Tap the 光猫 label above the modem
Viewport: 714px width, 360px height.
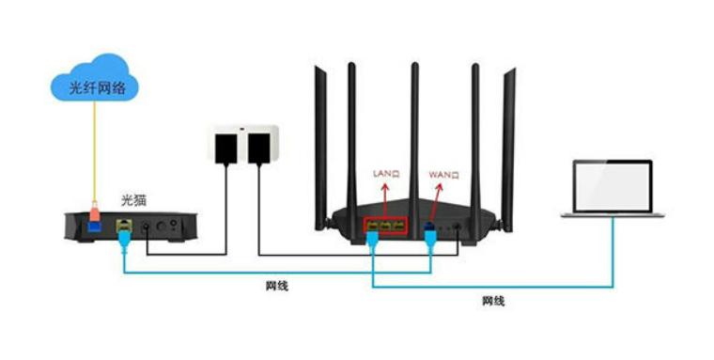tap(134, 199)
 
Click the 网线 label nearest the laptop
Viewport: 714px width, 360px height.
tap(493, 302)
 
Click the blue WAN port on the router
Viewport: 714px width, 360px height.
tap(429, 227)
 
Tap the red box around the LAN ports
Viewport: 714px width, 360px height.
tap(385, 227)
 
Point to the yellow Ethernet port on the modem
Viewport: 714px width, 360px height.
tap(123, 227)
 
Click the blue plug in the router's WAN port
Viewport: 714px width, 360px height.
tap(430, 239)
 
